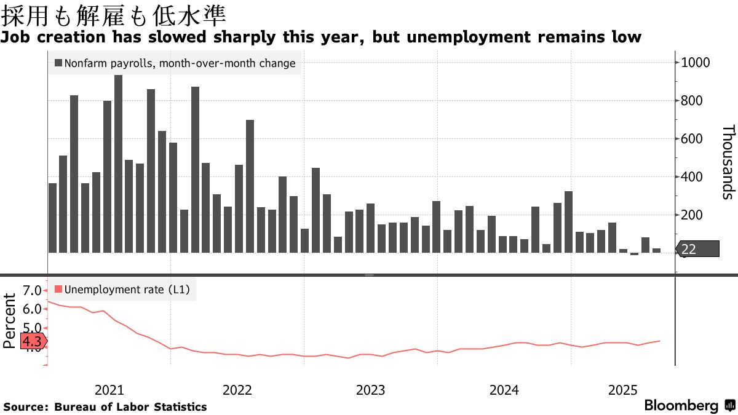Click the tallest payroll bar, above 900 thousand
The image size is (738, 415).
(118, 164)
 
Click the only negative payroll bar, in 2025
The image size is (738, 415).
(634, 254)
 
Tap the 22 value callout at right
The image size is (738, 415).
(697, 249)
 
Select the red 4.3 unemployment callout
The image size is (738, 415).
(32, 342)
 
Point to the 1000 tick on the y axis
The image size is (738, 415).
(696, 63)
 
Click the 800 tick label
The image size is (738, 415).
(692, 101)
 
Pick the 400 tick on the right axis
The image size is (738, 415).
(692, 177)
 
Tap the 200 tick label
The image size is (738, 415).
(692, 215)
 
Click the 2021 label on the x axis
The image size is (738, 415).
(109, 390)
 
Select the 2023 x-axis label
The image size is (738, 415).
(370, 390)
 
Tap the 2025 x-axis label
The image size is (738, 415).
(623, 390)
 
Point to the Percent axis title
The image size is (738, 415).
(10, 321)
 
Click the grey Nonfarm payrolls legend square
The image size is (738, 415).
(58, 63)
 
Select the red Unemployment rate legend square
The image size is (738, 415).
(58, 289)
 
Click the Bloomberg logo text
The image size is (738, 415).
(681, 406)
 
